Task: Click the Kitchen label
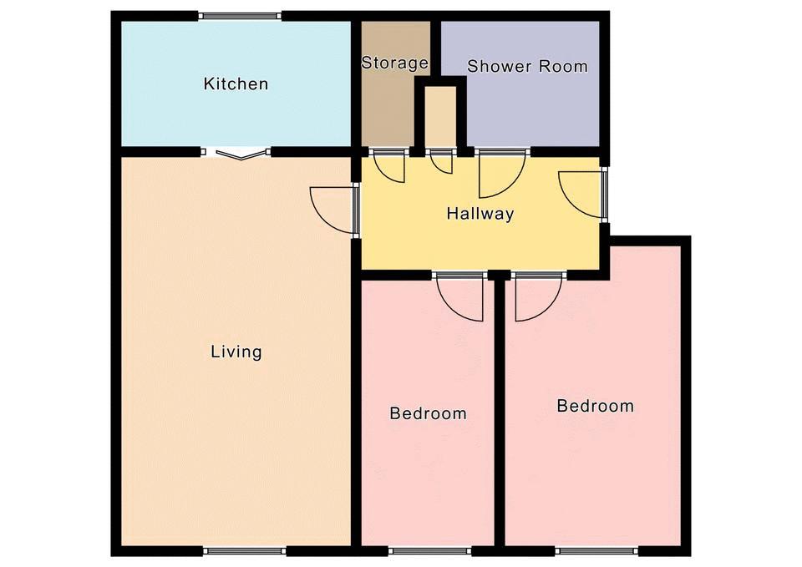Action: click(x=236, y=84)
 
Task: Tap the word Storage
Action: click(x=395, y=63)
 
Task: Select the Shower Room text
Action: click(x=527, y=66)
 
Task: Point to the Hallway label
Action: click(x=480, y=213)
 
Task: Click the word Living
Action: click(x=236, y=352)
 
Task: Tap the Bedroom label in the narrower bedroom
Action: click(x=428, y=413)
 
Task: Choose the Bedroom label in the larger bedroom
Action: click(x=596, y=406)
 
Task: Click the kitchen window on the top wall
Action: click(x=240, y=16)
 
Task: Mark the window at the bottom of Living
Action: click(x=245, y=551)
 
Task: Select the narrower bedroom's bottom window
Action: click(x=429, y=551)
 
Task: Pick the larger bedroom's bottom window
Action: click(x=596, y=551)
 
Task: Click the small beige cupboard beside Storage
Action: click(x=441, y=115)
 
